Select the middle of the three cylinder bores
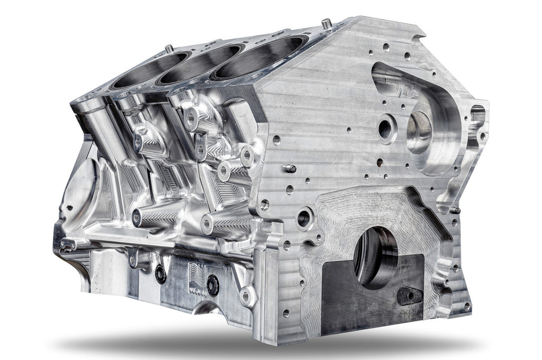tap(204, 65)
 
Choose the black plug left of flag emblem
tap(160, 274)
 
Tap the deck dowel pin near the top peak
tap(327, 23)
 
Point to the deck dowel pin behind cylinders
tap(169, 48)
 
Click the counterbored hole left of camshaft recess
tap(386, 128)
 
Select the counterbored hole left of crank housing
tap(304, 217)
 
